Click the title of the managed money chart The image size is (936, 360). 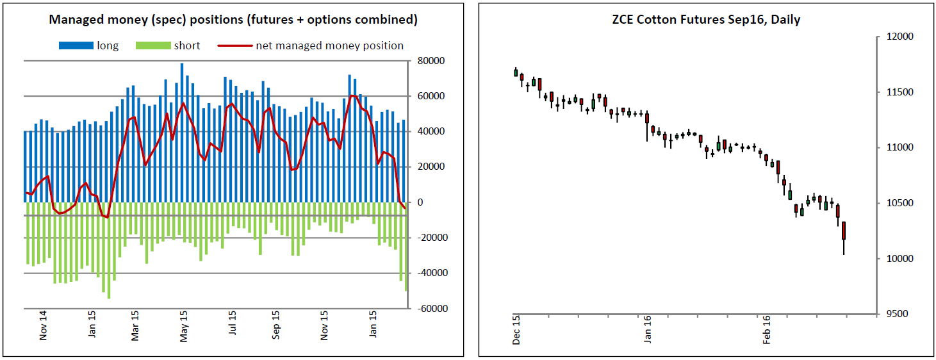(233, 20)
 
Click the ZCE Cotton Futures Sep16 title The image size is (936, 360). (706, 20)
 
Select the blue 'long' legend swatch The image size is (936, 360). (76, 46)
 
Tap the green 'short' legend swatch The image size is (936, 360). (153, 46)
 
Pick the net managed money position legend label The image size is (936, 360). (329, 45)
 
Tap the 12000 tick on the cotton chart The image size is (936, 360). (896, 37)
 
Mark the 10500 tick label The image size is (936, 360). (896, 204)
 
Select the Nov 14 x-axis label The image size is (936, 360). (44, 325)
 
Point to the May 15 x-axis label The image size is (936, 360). (184, 325)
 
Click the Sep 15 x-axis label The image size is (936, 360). (276, 325)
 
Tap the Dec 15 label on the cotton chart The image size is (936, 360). (516, 330)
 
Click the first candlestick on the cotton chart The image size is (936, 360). (516, 72)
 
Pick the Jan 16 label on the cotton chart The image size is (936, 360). (647, 330)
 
